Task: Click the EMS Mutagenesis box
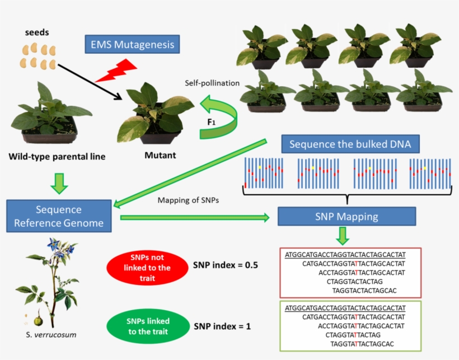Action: pos(128,44)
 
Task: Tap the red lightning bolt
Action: pos(116,71)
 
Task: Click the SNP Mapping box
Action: pos(346,216)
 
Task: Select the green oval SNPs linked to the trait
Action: pos(148,325)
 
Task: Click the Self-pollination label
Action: pos(212,83)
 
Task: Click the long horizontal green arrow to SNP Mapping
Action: pos(196,217)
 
